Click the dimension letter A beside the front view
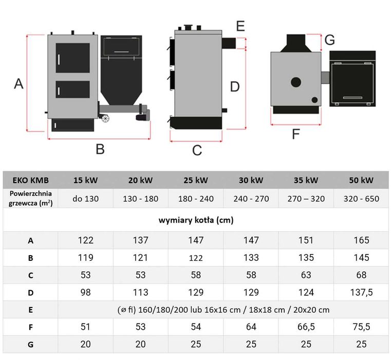click(18, 83)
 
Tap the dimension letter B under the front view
click(100, 149)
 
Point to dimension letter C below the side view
click(197, 150)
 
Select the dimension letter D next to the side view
click(235, 86)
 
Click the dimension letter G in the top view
click(329, 40)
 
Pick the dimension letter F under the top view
click(296, 134)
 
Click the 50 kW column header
click(361, 180)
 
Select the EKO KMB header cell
click(30, 180)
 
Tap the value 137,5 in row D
click(361, 292)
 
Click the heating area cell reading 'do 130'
click(85, 199)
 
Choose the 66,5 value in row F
click(306, 327)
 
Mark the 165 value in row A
click(361, 240)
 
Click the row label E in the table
click(30, 310)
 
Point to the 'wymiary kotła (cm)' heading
click(196, 220)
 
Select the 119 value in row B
click(85, 258)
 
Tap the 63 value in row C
click(306, 275)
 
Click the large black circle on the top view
click(296, 82)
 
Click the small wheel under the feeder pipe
click(105, 118)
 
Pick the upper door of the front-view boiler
click(73, 58)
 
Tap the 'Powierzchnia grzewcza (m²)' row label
click(30, 198)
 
